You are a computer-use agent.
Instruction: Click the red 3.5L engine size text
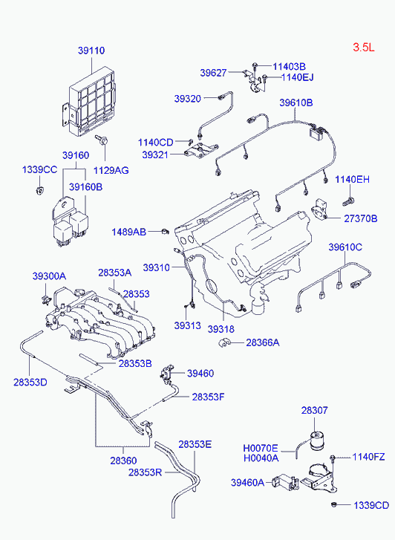click(x=363, y=48)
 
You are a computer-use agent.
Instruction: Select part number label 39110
click(x=91, y=51)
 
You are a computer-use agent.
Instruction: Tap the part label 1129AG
click(x=111, y=170)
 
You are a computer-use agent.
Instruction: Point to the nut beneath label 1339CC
click(x=40, y=189)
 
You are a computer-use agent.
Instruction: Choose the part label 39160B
click(x=85, y=187)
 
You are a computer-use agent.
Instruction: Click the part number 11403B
click(x=289, y=66)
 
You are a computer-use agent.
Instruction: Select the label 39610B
click(x=296, y=103)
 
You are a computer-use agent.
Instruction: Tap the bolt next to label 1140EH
click(x=349, y=201)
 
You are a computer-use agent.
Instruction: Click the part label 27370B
click(x=361, y=218)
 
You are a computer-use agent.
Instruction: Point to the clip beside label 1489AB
click(x=165, y=232)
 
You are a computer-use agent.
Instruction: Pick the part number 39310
click(x=157, y=267)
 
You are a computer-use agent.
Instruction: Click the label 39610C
click(x=345, y=247)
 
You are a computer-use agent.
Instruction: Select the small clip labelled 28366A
click(x=224, y=343)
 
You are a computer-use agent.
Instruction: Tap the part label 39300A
click(x=49, y=276)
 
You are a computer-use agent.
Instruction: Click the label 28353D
click(x=30, y=382)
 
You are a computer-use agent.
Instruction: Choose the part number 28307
click(x=314, y=410)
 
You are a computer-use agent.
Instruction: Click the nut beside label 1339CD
click(x=333, y=504)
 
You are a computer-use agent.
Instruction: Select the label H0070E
click(x=261, y=448)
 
